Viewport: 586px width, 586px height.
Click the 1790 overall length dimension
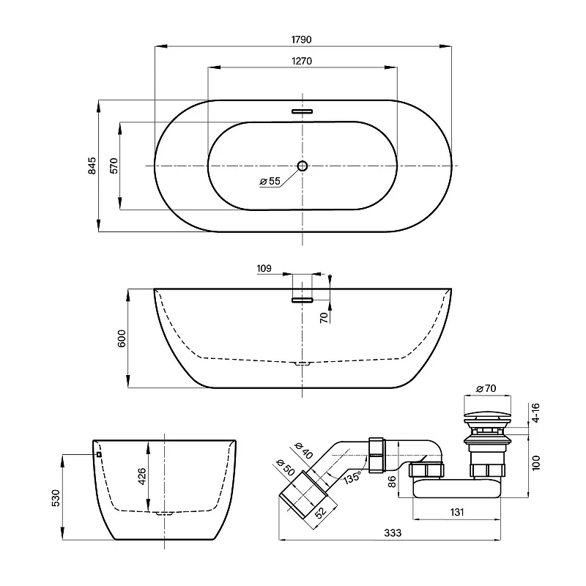click(301, 40)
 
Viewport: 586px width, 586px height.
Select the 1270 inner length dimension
click(302, 61)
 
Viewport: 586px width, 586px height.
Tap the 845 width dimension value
click(92, 166)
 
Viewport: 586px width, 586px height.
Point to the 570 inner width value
click(114, 166)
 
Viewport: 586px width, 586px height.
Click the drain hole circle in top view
click(303, 166)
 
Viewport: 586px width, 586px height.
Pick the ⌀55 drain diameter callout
click(270, 181)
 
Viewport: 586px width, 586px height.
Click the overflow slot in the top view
click(302, 111)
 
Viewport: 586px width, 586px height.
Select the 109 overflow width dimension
click(264, 268)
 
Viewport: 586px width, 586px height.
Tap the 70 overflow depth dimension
click(324, 317)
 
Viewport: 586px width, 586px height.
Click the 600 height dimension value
click(122, 338)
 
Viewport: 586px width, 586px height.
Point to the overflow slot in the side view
click(302, 300)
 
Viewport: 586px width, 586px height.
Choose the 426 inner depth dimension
click(142, 476)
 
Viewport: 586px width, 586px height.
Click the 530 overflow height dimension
click(56, 498)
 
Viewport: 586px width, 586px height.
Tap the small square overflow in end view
click(99, 454)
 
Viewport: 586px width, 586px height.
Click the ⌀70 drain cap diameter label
click(486, 389)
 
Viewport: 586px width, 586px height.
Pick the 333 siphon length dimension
click(393, 533)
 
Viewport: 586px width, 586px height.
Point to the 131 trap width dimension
click(456, 512)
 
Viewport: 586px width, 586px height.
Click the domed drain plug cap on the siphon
click(487, 415)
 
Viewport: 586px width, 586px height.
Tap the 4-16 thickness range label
click(536, 412)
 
